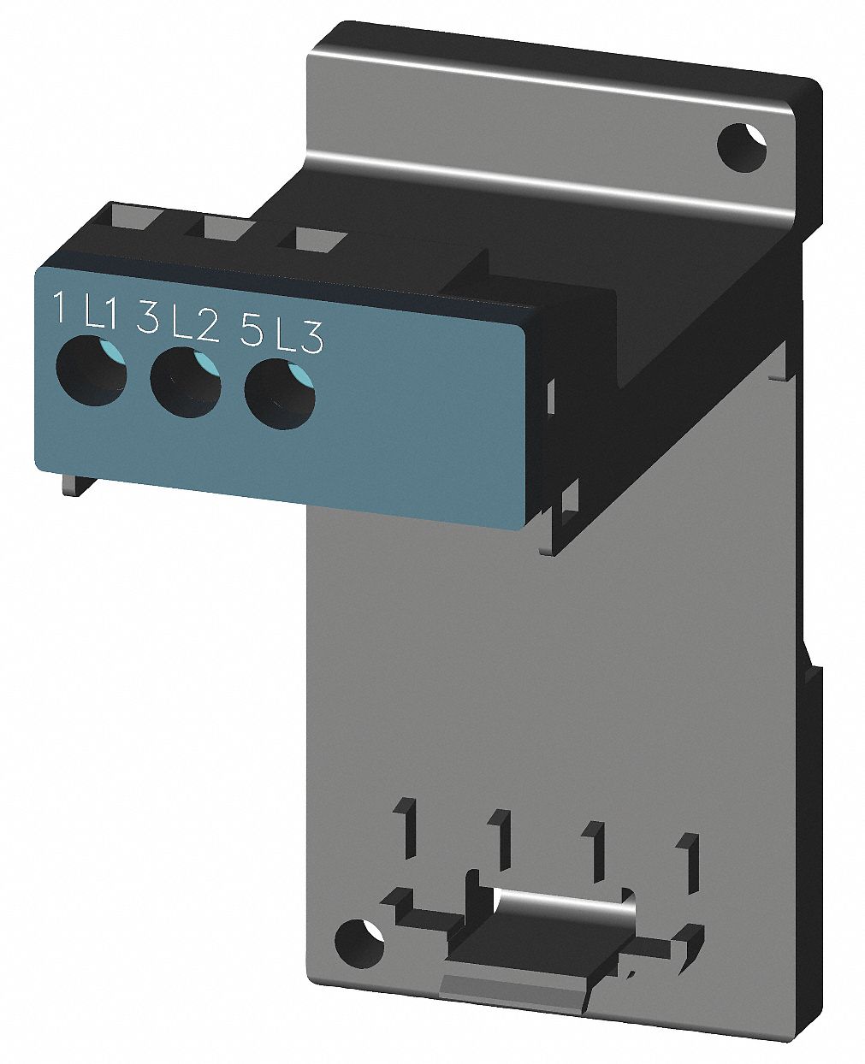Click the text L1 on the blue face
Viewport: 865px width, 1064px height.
[x=100, y=316]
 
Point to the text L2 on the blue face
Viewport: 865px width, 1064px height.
[x=194, y=326]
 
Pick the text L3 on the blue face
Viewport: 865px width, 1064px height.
[x=299, y=338]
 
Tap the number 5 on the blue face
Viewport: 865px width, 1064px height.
[x=251, y=330]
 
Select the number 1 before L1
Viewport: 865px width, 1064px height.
[x=60, y=308]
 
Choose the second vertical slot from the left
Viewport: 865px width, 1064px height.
[x=501, y=836]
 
